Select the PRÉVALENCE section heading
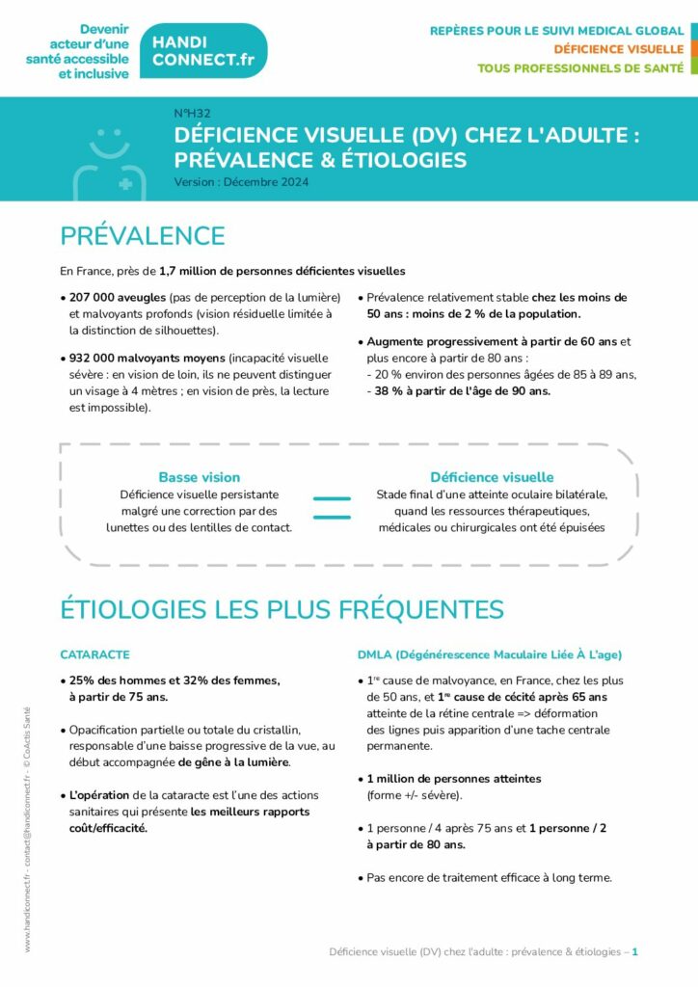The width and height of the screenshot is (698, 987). coord(142,236)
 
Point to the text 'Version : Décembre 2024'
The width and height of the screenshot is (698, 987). coord(241,181)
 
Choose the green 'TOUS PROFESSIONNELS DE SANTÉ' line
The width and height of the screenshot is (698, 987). coord(580,68)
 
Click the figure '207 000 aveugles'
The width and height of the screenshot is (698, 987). coord(117,297)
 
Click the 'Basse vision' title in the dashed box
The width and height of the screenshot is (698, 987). coord(200,477)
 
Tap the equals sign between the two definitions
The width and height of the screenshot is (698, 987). coord(332,508)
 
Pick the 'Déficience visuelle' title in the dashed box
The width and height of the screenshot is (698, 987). coord(492,477)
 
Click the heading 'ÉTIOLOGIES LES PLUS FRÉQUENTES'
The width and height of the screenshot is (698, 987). coord(282,609)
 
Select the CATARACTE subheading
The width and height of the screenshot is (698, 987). coord(94,654)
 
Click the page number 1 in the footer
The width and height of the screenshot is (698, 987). coord(635,951)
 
